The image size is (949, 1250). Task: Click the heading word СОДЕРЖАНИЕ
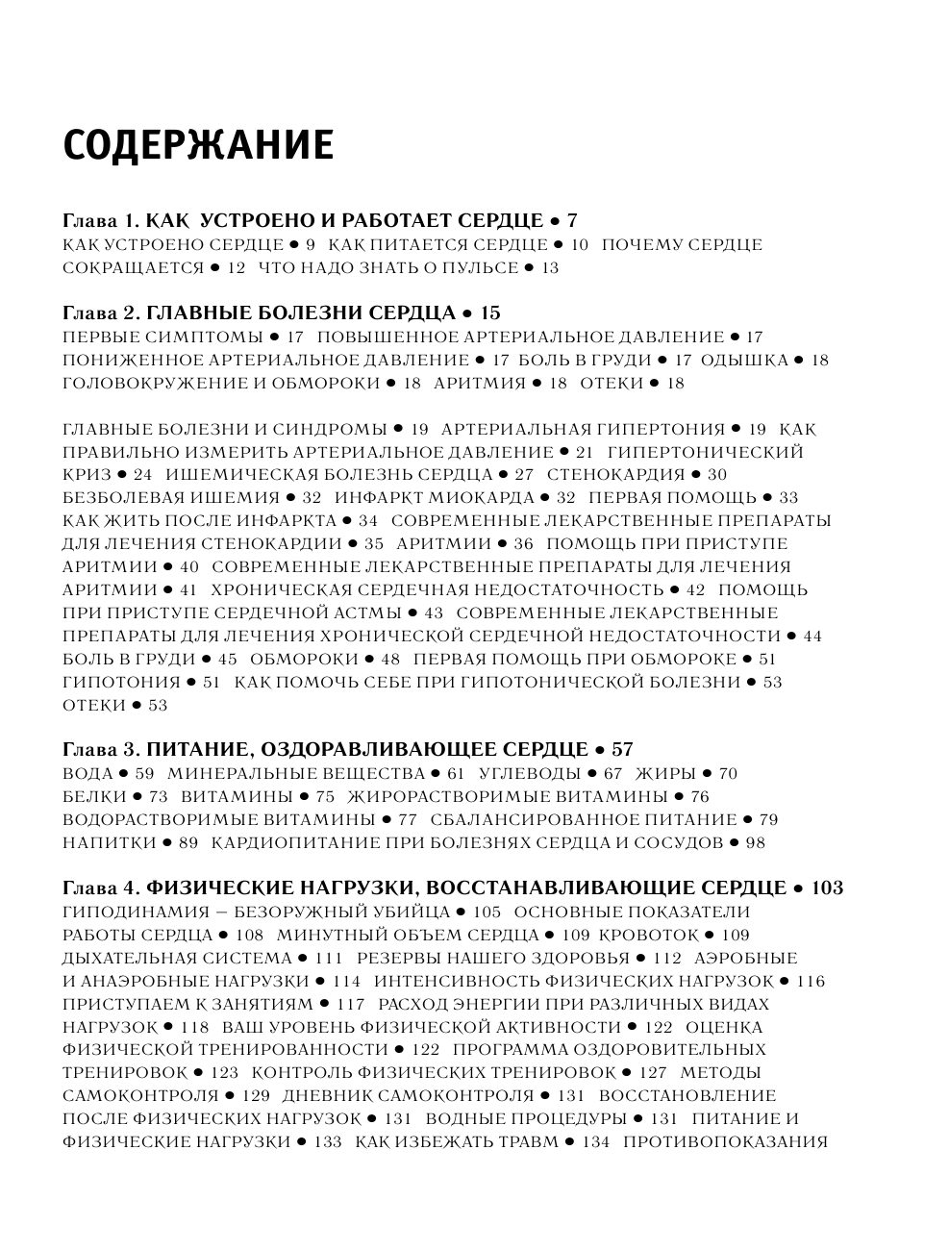tap(198, 145)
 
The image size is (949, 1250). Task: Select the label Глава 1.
tap(102, 221)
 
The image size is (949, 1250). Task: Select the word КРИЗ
tap(87, 475)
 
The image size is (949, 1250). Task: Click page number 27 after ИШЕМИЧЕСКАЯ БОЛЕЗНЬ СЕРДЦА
tap(524, 475)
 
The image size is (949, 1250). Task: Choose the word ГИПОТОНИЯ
tap(121, 683)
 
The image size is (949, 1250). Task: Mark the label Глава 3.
tap(102, 750)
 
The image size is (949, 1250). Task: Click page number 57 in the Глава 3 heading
tap(622, 750)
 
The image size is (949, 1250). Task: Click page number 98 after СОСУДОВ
tap(755, 843)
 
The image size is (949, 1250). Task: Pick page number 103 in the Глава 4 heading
tap(827, 888)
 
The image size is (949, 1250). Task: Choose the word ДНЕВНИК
tap(326, 1096)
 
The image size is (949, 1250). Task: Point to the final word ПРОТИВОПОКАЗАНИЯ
tap(725, 1142)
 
